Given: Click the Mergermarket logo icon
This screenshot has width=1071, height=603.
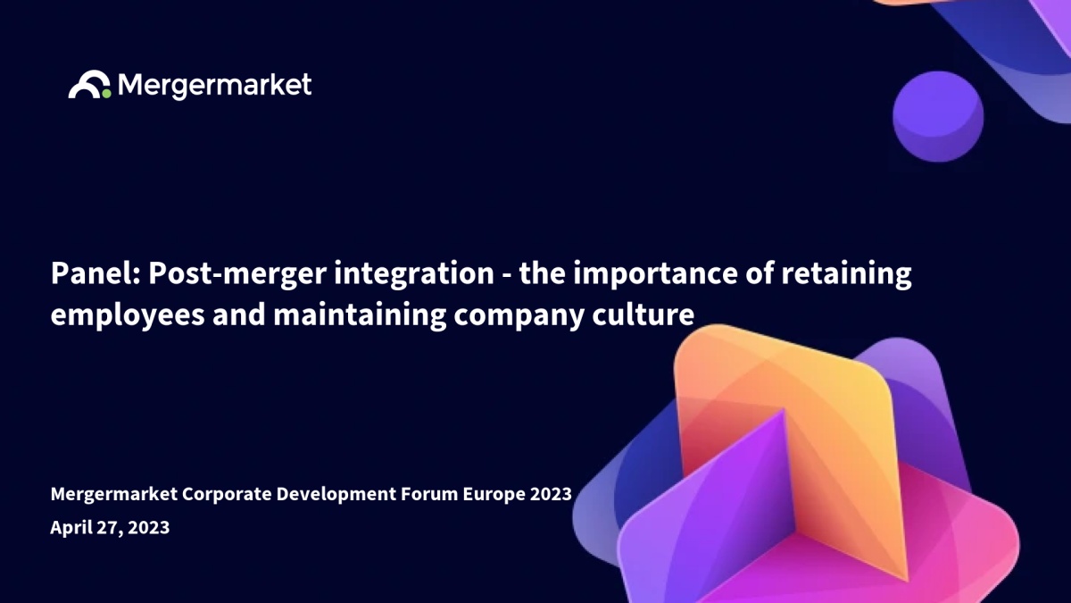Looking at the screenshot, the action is click(x=89, y=85).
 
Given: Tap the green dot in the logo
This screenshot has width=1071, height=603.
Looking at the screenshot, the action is click(x=106, y=93).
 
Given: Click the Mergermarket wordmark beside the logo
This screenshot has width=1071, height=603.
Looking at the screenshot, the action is click(x=215, y=86).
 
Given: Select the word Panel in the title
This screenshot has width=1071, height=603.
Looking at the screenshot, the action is click(x=95, y=273).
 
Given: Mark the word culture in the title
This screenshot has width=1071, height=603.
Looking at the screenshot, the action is click(x=643, y=314).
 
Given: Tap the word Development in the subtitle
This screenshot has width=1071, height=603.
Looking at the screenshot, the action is click(x=336, y=495).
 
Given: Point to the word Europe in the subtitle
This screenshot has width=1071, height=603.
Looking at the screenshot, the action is click(x=494, y=495).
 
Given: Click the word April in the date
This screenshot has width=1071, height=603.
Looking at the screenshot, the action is click(x=71, y=528).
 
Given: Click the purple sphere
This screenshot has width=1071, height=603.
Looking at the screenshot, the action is click(x=938, y=117).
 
